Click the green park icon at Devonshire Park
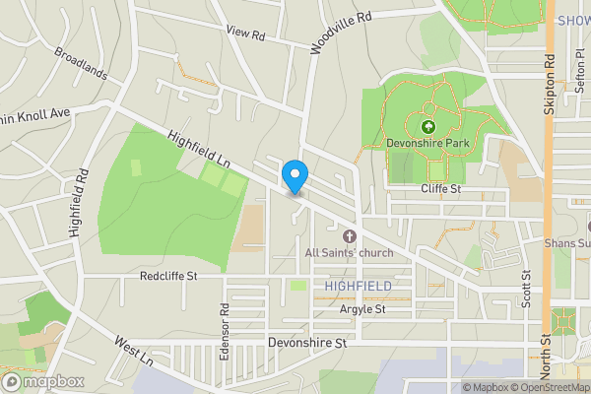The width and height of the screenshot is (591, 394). coord(428,127)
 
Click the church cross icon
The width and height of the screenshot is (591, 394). coord(349,236)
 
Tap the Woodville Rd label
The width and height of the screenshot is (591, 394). coord(341,33)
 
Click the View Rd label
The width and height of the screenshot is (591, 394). coord(246,33)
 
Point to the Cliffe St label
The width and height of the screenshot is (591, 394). coord(441,187)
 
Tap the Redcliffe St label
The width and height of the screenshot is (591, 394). coord(168,277)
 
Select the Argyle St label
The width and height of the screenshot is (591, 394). coord(361,309)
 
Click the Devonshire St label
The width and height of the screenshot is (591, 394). coord(308,344)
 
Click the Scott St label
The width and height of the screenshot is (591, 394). coord(527,289)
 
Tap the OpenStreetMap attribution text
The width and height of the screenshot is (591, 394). coord(544,387)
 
